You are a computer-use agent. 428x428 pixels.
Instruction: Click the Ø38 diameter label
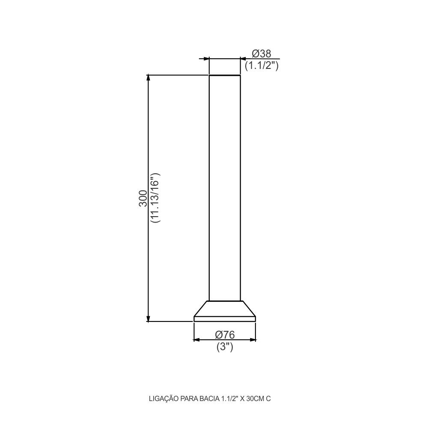pos(262,53)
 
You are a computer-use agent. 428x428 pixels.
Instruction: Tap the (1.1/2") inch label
pos(262,65)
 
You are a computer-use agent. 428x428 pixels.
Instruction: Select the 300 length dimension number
pos(143,198)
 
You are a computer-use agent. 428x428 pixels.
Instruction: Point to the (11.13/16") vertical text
pos(155,198)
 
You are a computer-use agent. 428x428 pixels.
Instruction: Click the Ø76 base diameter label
pos(225,335)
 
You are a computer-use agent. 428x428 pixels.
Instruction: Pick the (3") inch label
pos(225,347)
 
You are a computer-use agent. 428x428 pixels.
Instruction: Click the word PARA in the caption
pos(188,399)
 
